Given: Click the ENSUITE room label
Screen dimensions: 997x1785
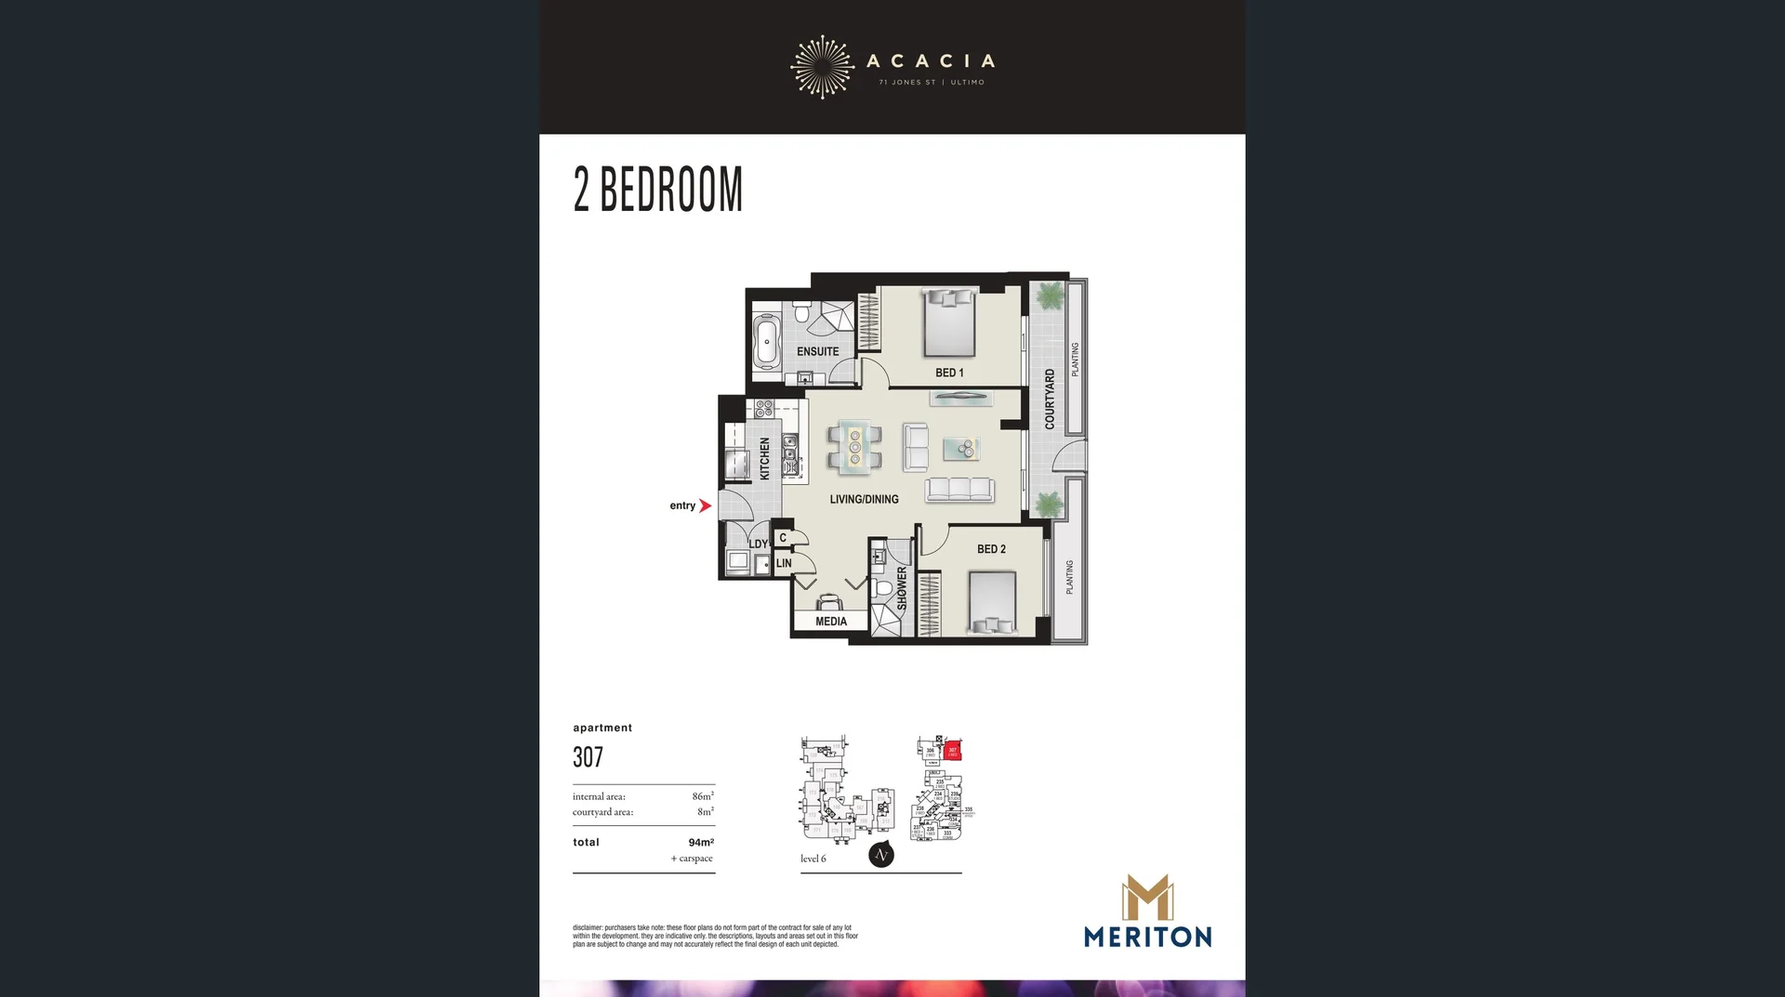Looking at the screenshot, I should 817,351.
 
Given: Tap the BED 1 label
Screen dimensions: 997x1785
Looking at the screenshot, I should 949,373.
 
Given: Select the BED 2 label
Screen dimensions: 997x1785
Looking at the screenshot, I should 991,549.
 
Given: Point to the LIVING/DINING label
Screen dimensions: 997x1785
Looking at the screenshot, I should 864,499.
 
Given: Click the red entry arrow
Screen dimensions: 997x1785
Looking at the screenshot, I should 705,505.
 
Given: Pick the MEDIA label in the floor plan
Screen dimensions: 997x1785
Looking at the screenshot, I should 831,622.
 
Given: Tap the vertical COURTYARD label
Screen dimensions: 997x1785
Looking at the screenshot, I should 1050,399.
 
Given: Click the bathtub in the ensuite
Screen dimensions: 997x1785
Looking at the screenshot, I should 767,342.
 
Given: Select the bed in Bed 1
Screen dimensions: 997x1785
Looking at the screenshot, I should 949,322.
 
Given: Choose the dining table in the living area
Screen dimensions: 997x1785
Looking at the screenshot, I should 855,447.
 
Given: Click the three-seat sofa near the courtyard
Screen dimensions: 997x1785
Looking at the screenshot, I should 959,489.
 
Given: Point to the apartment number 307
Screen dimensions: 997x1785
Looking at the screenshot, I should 588,757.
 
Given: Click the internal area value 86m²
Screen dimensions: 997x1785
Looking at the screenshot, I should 703,796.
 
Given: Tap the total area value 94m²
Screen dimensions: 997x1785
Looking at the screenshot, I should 701,843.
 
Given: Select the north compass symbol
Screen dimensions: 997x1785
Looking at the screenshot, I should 881,855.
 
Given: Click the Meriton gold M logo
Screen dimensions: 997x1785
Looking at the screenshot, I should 1147,898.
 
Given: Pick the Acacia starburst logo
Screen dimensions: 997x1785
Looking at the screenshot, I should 822,67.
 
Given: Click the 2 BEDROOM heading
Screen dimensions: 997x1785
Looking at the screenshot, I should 658,190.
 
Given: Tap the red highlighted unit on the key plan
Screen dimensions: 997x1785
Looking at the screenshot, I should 952,750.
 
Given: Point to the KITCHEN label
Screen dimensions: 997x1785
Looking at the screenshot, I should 765,458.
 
